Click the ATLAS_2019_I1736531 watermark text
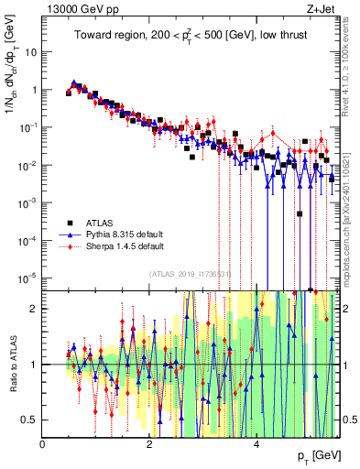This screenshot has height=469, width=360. pyautogui.click(x=191, y=273)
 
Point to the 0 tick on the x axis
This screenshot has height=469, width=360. pyautogui.click(x=43, y=443)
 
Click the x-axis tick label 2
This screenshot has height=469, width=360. pyautogui.click(x=149, y=443)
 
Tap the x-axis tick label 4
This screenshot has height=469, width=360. pyautogui.click(x=256, y=443)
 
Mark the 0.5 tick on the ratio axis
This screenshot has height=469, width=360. pyautogui.click(x=28, y=420)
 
